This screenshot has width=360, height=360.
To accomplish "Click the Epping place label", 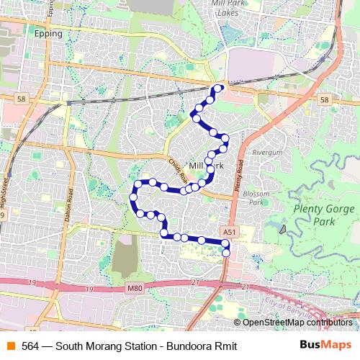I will [49, 34].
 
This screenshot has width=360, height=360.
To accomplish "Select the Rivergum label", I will [268, 153].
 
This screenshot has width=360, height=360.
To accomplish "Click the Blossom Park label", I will [256, 198].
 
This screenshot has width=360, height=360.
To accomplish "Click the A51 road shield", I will [229, 232].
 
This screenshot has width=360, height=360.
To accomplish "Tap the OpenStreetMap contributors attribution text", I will [297, 322].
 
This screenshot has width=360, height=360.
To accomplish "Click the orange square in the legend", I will [10, 346].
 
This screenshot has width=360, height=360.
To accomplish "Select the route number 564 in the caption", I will [30, 346].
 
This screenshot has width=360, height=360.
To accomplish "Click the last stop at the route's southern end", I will [226, 253].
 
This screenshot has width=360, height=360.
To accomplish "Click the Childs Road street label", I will [179, 171].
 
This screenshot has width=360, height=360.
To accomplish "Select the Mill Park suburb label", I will [206, 165].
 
